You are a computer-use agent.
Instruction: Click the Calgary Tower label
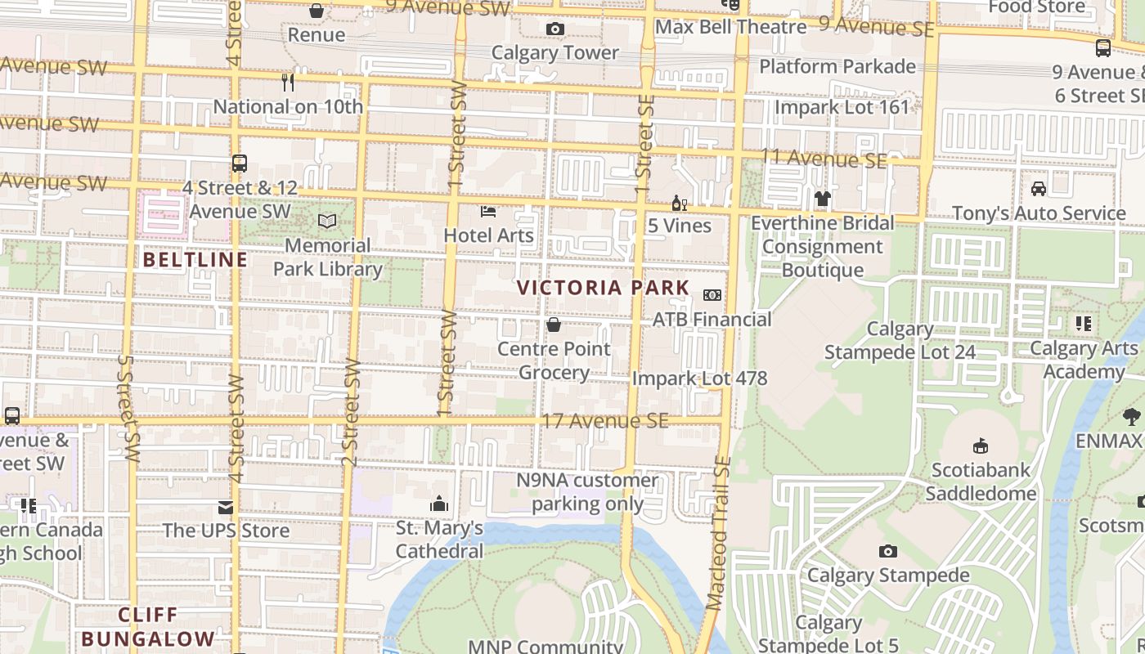[555, 53]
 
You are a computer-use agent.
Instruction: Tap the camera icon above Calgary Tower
[555, 29]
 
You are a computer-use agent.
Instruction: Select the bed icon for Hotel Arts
[488, 212]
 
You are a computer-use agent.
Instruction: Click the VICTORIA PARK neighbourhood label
[604, 288]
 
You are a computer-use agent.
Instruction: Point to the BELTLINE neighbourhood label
[195, 260]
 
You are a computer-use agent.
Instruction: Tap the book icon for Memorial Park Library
[327, 222]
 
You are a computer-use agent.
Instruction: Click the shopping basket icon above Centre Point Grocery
[554, 325]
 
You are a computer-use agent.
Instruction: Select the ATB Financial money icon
[712, 295]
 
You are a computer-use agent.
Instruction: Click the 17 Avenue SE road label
[605, 421]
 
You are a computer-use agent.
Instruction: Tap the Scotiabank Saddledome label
[980, 482]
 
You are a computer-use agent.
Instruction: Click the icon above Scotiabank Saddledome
[980, 446]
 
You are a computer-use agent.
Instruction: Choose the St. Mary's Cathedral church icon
[439, 504]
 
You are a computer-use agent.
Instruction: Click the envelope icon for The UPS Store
[226, 508]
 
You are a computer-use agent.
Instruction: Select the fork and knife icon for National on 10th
[287, 83]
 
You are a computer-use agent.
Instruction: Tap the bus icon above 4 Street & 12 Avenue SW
[239, 163]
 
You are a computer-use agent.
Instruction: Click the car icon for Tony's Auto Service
[1038, 189]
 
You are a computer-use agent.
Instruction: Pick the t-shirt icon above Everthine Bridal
[822, 199]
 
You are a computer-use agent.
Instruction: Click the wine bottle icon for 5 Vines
[679, 203]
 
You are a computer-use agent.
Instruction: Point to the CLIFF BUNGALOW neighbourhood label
[148, 627]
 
